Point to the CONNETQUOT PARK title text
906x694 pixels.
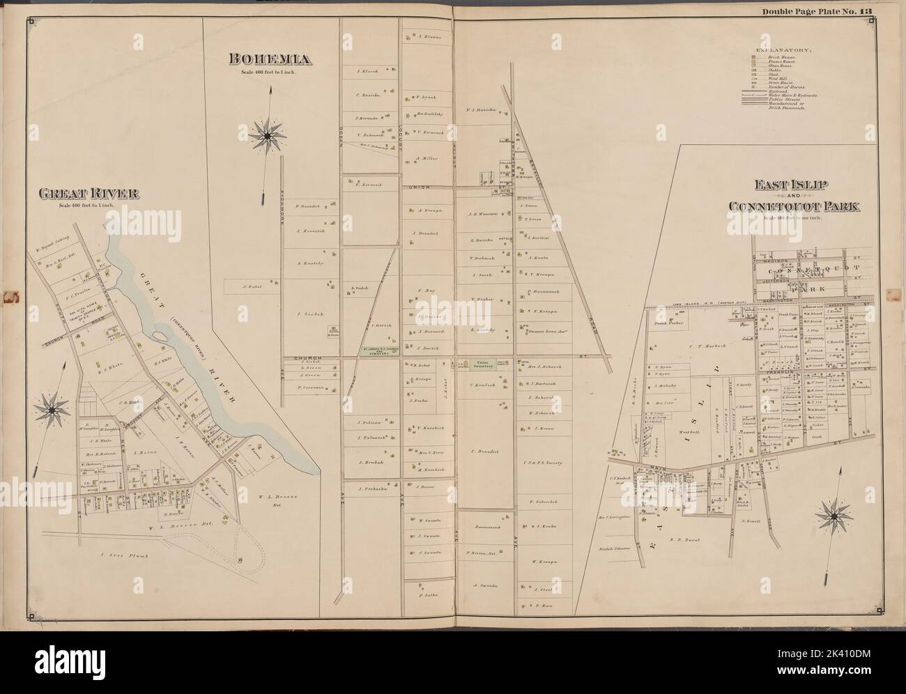pyautogui.click(x=793, y=206)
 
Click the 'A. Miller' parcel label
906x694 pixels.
pyautogui.click(x=424, y=159)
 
